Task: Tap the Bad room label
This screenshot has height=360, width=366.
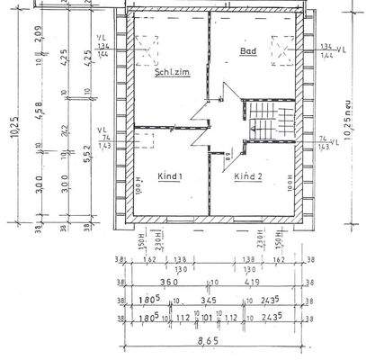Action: tap(247, 51)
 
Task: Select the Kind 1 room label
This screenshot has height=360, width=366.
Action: tap(168, 177)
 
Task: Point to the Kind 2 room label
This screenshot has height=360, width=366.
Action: tap(248, 177)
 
